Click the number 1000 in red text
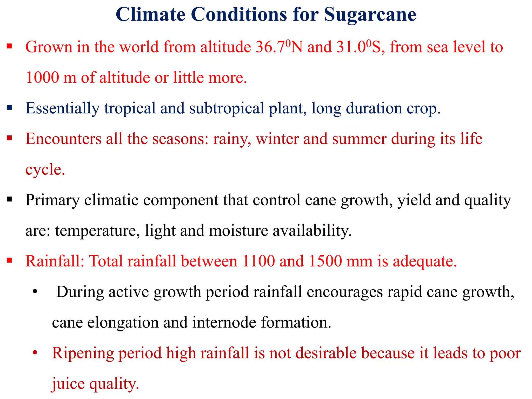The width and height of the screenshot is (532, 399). click(x=42, y=78)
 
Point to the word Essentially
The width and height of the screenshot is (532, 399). click(x=62, y=108)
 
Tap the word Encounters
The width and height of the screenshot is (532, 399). click(x=63, y=139)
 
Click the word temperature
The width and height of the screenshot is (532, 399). click(x=96, y=231)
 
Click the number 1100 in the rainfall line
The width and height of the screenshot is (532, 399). click(x=258, y=261)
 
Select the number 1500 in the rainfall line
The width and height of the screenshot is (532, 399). click(x=325, y=261)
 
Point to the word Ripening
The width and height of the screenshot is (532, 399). click(x=83, y=353)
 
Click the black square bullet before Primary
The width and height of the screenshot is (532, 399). click(x=10, y=199)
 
